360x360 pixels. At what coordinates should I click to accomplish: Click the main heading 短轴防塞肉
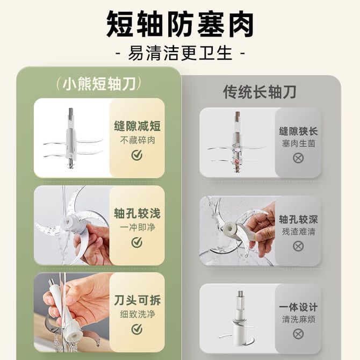point(180,25)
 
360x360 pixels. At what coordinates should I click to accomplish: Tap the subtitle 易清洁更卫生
point(180,53)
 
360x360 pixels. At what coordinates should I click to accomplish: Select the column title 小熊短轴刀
point(99,84)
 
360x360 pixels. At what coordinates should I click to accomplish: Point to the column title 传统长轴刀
point(260,92)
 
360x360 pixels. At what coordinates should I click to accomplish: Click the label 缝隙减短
point(138,126)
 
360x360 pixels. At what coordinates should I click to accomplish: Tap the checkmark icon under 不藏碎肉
point(137,155)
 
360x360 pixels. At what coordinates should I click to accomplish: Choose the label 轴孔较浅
point(138,213)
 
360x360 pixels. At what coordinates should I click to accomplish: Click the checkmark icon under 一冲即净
point(137,242)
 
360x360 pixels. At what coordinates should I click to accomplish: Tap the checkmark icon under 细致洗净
point(137,329)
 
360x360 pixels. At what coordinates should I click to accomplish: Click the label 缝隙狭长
point(298,131)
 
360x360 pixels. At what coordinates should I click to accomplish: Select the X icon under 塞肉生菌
point(298,158)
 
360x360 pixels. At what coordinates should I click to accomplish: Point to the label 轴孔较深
point(298,219)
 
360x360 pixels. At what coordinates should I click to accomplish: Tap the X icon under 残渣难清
point(298,246)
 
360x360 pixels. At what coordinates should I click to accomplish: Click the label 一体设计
point(298,307)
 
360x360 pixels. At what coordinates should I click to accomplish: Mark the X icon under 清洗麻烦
point(298,334)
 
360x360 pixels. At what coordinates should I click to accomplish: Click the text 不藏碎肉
point(138,140)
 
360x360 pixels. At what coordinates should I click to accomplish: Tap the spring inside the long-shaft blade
point(237,138)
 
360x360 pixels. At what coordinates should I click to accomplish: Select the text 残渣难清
point(298,232)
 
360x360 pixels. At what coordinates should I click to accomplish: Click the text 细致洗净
point(138,314)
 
